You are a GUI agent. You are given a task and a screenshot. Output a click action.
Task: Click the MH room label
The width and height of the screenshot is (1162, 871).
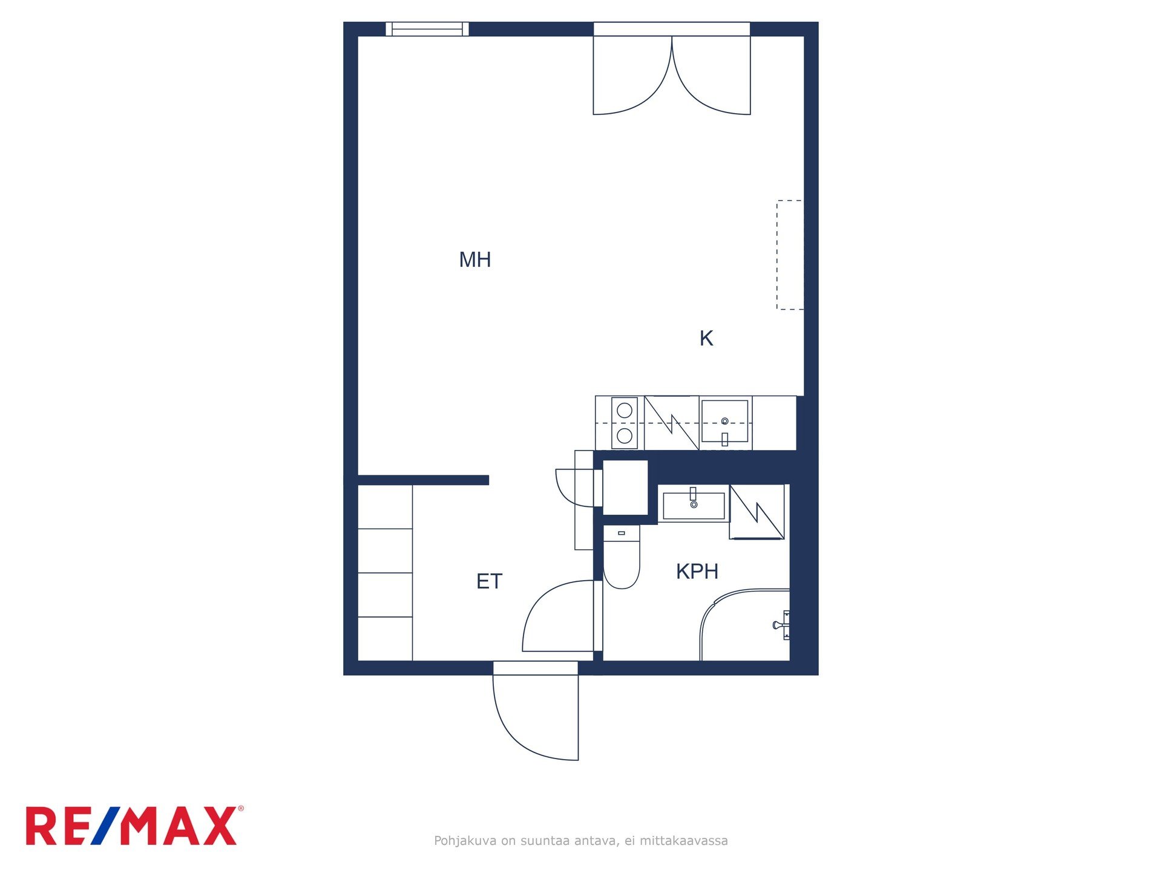coord(475,259)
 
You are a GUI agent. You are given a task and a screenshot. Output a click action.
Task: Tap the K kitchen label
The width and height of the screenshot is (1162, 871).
coord(706,338)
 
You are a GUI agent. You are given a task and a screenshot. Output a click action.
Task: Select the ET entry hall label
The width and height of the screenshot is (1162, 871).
coord(489,581)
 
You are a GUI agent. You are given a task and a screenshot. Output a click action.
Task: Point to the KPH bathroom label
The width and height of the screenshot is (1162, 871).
coord(697,571)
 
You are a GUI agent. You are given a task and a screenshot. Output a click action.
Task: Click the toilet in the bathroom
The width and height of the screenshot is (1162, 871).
coord(622,556)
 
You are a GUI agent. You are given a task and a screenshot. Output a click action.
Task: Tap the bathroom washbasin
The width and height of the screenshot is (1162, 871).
coord(694,506)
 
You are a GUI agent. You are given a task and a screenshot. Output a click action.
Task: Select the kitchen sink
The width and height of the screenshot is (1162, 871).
coord(725,423)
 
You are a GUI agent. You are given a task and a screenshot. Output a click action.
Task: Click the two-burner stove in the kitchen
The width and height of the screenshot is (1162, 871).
coord(625,423)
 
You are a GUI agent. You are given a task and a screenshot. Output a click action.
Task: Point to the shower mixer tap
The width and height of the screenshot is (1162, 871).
coord(782,625)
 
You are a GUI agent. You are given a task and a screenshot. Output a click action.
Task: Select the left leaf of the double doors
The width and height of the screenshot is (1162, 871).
coord(632,75)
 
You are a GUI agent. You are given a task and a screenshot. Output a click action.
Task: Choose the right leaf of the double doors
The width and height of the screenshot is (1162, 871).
coord(712,75)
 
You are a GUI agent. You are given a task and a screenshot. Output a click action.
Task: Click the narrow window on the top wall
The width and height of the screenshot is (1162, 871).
coord(427,29)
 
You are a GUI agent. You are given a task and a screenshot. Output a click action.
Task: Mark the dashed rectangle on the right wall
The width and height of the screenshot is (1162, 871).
coord(790,255)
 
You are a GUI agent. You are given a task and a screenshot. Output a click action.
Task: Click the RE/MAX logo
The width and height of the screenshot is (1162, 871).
coord(134,826)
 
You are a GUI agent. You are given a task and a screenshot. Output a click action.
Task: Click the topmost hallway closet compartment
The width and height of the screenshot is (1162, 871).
coord(385,507)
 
